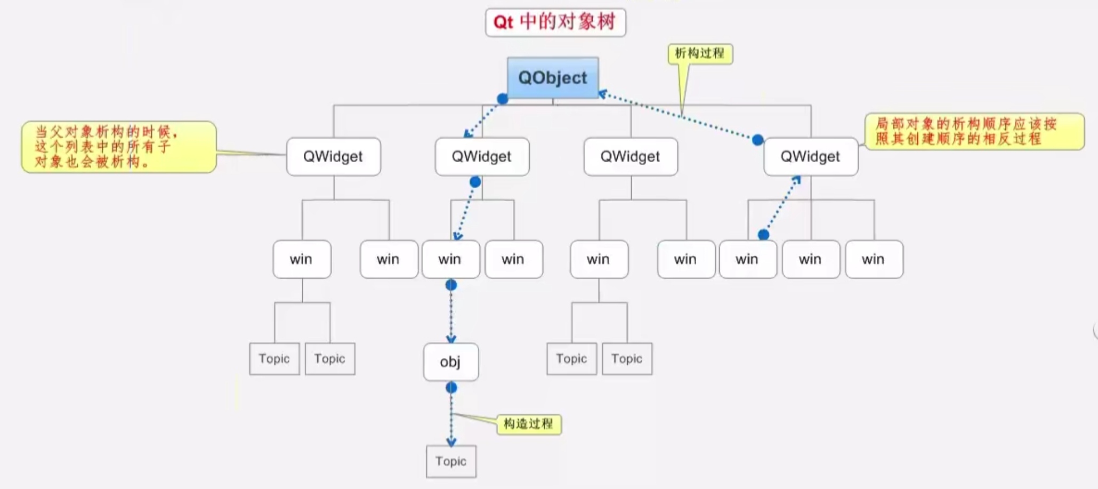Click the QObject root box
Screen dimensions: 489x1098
click(x=553, y=78)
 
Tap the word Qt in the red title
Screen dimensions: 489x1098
click(x=503, y=22)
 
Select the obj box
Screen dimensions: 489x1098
click(x=451, y=362)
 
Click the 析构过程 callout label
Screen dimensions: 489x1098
click(x=700, y=53)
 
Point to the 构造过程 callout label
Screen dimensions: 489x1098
click(x=528, y=424)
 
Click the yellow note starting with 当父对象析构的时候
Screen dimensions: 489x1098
click(x=118, y=147)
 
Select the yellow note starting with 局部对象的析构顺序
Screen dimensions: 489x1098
click(x=973, y=131)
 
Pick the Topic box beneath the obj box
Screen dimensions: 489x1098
click(x=451, y=461)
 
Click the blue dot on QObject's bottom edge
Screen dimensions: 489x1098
click(x=502, y=99)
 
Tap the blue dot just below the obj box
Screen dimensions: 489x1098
click(x=451, y=388)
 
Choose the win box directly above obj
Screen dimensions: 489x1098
click(x=450, y=259)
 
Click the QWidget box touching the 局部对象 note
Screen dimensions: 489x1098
click(x=810, y=157)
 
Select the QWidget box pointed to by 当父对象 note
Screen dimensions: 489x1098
click(x=333, y=157)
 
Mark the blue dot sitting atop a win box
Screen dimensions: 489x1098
click(x=763, y=235)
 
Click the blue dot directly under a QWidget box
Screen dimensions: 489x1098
click(x=475, y=182)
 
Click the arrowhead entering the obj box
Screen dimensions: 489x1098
click(x=451, y=339)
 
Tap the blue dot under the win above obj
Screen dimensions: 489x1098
click(x=451, y=285)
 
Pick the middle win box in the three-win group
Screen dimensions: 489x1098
click(x=810, y=259)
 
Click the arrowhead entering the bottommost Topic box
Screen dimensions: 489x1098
click(x=451, y=442)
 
